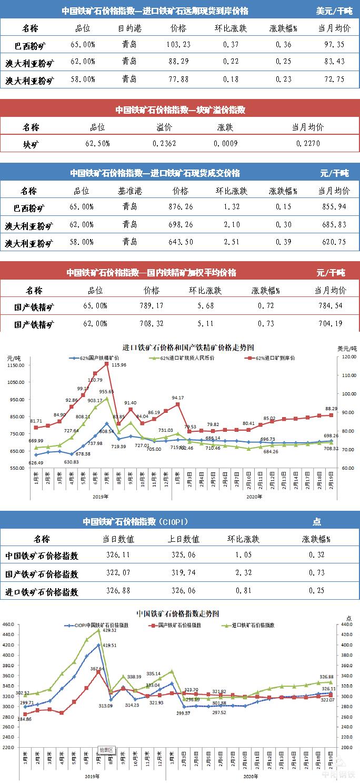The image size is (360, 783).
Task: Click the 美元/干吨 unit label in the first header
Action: coord(334,11)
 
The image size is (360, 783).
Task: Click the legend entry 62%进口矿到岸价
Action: coord(274,358)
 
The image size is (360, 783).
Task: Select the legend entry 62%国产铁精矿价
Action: coord(97,358)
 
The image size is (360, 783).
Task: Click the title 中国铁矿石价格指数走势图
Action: coord(177,613)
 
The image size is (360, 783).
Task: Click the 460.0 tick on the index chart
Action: coord(8,625)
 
